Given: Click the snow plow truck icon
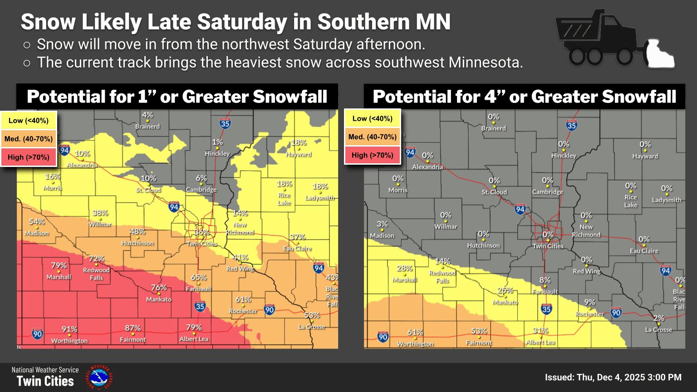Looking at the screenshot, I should pos(615,41).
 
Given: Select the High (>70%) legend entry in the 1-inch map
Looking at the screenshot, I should pos(29,157).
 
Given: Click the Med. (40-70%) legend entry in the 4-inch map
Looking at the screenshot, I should pos(373,137).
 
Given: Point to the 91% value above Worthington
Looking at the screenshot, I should pos(69,329).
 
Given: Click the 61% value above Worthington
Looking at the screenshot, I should pos(415,333).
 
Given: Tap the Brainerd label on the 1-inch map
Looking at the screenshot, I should pos(147,127).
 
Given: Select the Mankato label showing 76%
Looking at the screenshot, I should pos(159,299).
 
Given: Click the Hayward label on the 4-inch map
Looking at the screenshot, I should pos(645,156).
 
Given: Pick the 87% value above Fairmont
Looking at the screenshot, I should pos(133,328).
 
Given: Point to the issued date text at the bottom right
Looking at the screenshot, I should pos(613,377).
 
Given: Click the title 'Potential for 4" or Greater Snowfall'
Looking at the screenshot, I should pos(524,97).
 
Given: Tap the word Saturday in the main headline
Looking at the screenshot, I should pos(241,22).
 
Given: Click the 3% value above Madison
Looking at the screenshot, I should pos(382,224).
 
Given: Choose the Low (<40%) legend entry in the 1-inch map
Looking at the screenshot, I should pos(29,121).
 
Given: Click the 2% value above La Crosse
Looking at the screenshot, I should pos(658,318).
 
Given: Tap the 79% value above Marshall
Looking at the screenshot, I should pos(59,265).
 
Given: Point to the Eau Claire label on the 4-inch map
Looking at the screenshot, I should pos(644,251).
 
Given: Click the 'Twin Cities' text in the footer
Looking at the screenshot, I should pos(45,381).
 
